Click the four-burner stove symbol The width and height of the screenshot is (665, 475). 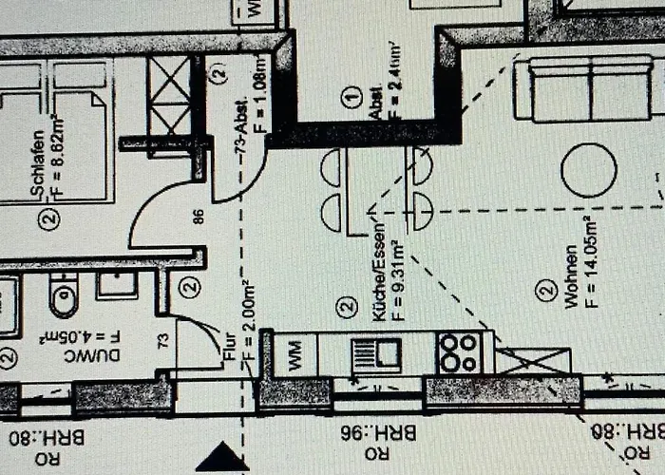(x=459, y=352)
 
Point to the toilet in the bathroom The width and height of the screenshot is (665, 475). (x=64, y=297)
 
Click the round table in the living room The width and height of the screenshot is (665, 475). (x=589, y=170)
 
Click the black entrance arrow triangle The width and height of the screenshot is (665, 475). (x=221, y=458)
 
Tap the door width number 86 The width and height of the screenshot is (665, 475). (x=199, y=216)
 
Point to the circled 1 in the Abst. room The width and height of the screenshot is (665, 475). (x=353, y=95)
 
